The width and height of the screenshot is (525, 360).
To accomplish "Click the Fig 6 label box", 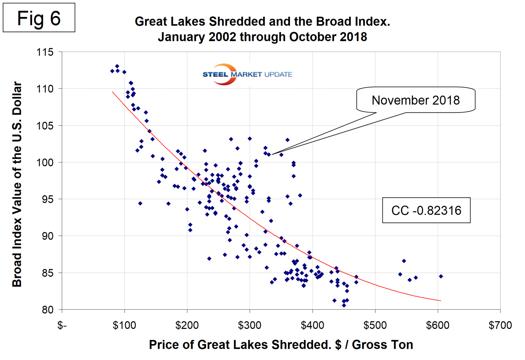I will pos(39,18).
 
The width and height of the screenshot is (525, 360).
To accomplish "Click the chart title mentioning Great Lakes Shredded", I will pos(262,29).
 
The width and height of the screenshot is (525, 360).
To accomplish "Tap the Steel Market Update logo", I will pos(247,74).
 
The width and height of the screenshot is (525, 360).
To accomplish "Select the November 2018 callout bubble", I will pos(416,100).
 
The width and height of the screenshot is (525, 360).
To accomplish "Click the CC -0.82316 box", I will pos(426,210).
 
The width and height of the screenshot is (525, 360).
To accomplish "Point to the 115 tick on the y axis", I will pos(45,52).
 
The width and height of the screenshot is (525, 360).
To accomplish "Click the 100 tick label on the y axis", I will pos(45,162).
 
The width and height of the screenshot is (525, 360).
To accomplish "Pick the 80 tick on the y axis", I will pos(47,310).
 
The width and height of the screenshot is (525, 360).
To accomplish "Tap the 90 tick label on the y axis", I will pos(47,236).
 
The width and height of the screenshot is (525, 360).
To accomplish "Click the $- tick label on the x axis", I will pos(62,326).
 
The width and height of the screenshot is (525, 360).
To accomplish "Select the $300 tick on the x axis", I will pos(250,326).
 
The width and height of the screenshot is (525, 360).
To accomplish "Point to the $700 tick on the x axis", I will pos(500,326).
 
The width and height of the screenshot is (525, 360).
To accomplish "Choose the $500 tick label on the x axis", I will pos(375,326).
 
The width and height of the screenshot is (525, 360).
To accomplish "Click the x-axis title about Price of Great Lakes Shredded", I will pos(281,344).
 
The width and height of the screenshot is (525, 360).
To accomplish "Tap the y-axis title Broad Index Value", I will pos(17,184).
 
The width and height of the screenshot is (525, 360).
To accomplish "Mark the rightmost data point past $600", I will pos(441,276).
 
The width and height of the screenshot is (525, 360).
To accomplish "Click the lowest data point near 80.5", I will pos(344,306).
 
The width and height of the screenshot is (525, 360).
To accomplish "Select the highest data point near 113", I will pos(117,66).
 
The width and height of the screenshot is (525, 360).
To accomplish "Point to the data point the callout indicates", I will pos(269,155).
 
